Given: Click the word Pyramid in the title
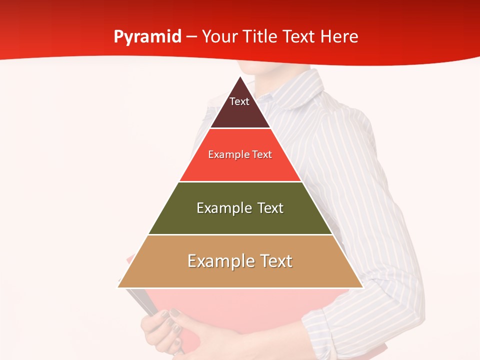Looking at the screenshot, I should [x=147, y=37].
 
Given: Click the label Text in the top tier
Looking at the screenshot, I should [x=239, y=101].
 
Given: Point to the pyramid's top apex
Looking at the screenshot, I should [x=240, y=76].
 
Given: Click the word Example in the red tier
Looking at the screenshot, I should [x=228, y=154].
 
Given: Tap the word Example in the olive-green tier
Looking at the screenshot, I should [x=223, y=208].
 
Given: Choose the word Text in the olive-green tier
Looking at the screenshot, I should [x=270, y=208].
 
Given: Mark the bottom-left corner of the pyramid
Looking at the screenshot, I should [x=118, y=287].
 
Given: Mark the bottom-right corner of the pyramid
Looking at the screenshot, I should [x=363, y=287].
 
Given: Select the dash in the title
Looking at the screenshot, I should [x=191, y=37].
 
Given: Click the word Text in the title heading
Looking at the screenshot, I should [x=299, y=36].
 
